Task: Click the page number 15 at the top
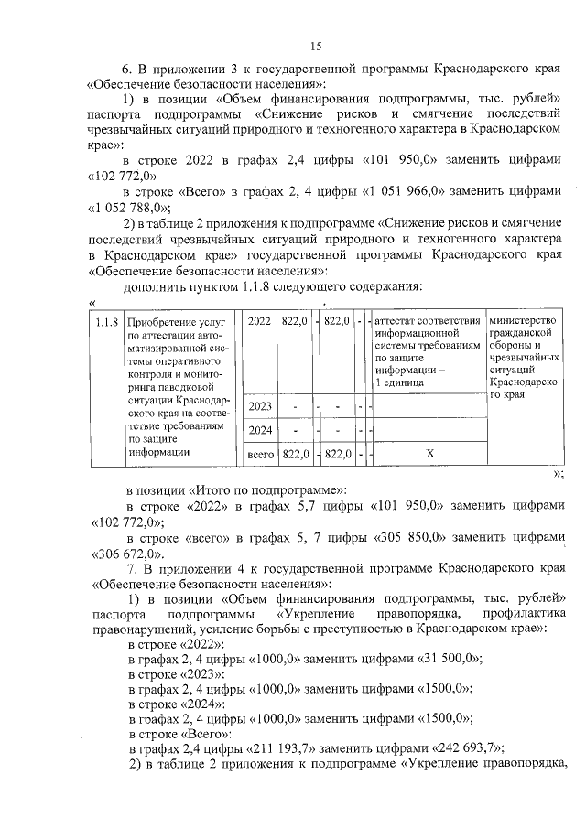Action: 315,47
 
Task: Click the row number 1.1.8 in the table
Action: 107,321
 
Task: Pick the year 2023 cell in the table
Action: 259,405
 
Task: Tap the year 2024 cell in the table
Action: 259,429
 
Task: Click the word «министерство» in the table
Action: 523,321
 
